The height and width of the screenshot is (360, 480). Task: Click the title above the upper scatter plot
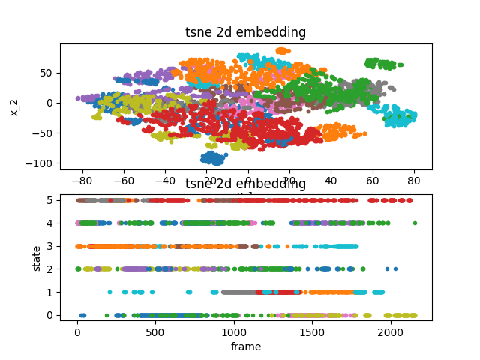[245, 32]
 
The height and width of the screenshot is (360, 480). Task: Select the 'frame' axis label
[245, 346]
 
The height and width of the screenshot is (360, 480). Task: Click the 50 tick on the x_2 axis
[49, 73]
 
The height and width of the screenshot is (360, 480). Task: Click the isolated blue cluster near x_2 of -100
[213, 158]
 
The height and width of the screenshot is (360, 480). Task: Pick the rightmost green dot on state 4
[415, 223]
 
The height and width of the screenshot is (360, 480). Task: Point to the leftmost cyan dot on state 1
[110, 292]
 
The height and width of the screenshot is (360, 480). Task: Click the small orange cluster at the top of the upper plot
[283, 51]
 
